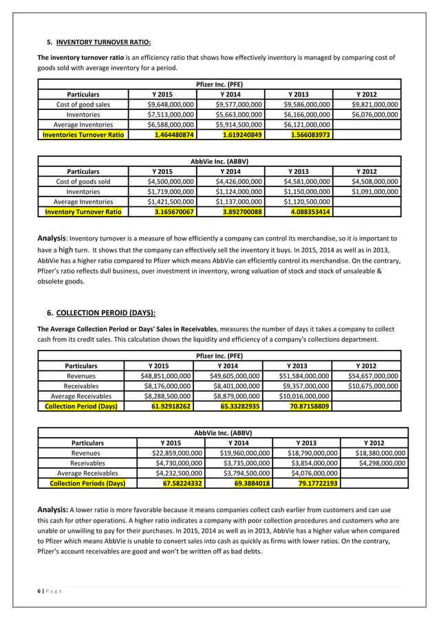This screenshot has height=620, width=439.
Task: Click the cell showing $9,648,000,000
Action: (171, 104)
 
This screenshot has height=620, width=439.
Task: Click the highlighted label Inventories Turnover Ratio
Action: (83, 135)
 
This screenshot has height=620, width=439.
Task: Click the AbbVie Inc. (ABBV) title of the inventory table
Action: (219, 161)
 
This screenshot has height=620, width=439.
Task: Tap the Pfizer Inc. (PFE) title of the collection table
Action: (219, 356)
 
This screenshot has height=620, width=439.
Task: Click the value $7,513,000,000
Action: (171, 114)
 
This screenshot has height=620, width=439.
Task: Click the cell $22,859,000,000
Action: (177, 453)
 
